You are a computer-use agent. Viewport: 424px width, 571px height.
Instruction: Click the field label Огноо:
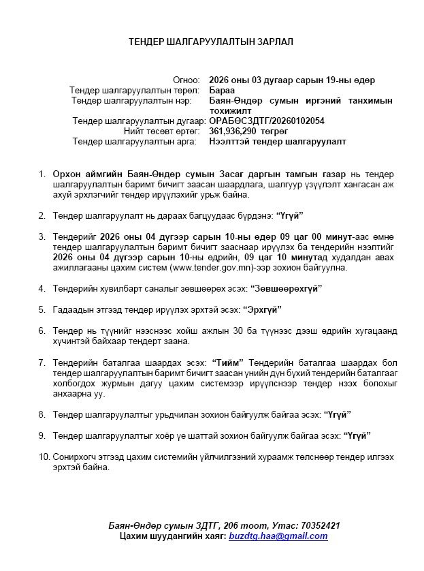[186, 80]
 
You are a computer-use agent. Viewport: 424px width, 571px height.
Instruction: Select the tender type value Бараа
[221, 90]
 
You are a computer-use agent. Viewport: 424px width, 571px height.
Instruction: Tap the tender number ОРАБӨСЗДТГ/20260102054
[267, 121]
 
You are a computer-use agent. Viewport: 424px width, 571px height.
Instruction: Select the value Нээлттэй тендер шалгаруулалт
[277, 141]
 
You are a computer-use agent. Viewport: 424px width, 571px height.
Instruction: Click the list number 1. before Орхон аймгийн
[42, 174]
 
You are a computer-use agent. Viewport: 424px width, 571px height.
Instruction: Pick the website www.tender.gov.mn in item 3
[228, 268]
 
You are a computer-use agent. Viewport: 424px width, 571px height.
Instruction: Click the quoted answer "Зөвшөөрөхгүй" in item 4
[286, 288]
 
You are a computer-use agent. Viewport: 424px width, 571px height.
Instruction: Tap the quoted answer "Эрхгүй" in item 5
[257, 309]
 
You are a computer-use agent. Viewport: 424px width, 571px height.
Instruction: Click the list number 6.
[42, 330]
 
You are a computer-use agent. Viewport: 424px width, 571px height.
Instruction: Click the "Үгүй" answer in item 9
[357, 435]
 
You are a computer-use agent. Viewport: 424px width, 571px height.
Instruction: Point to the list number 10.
[44, 456]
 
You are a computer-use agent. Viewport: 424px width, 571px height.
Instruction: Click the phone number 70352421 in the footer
[319, 526]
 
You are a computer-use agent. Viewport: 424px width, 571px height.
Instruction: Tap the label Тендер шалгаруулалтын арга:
[135, 141]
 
